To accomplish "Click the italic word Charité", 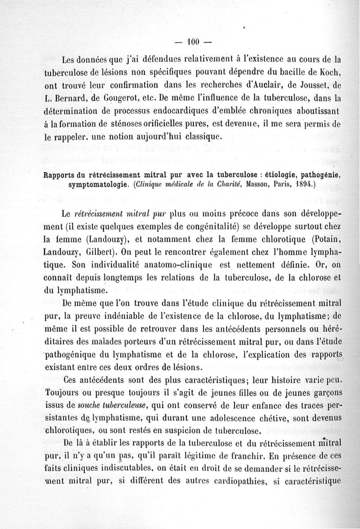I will pyautogui.click(x=220, y=184).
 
